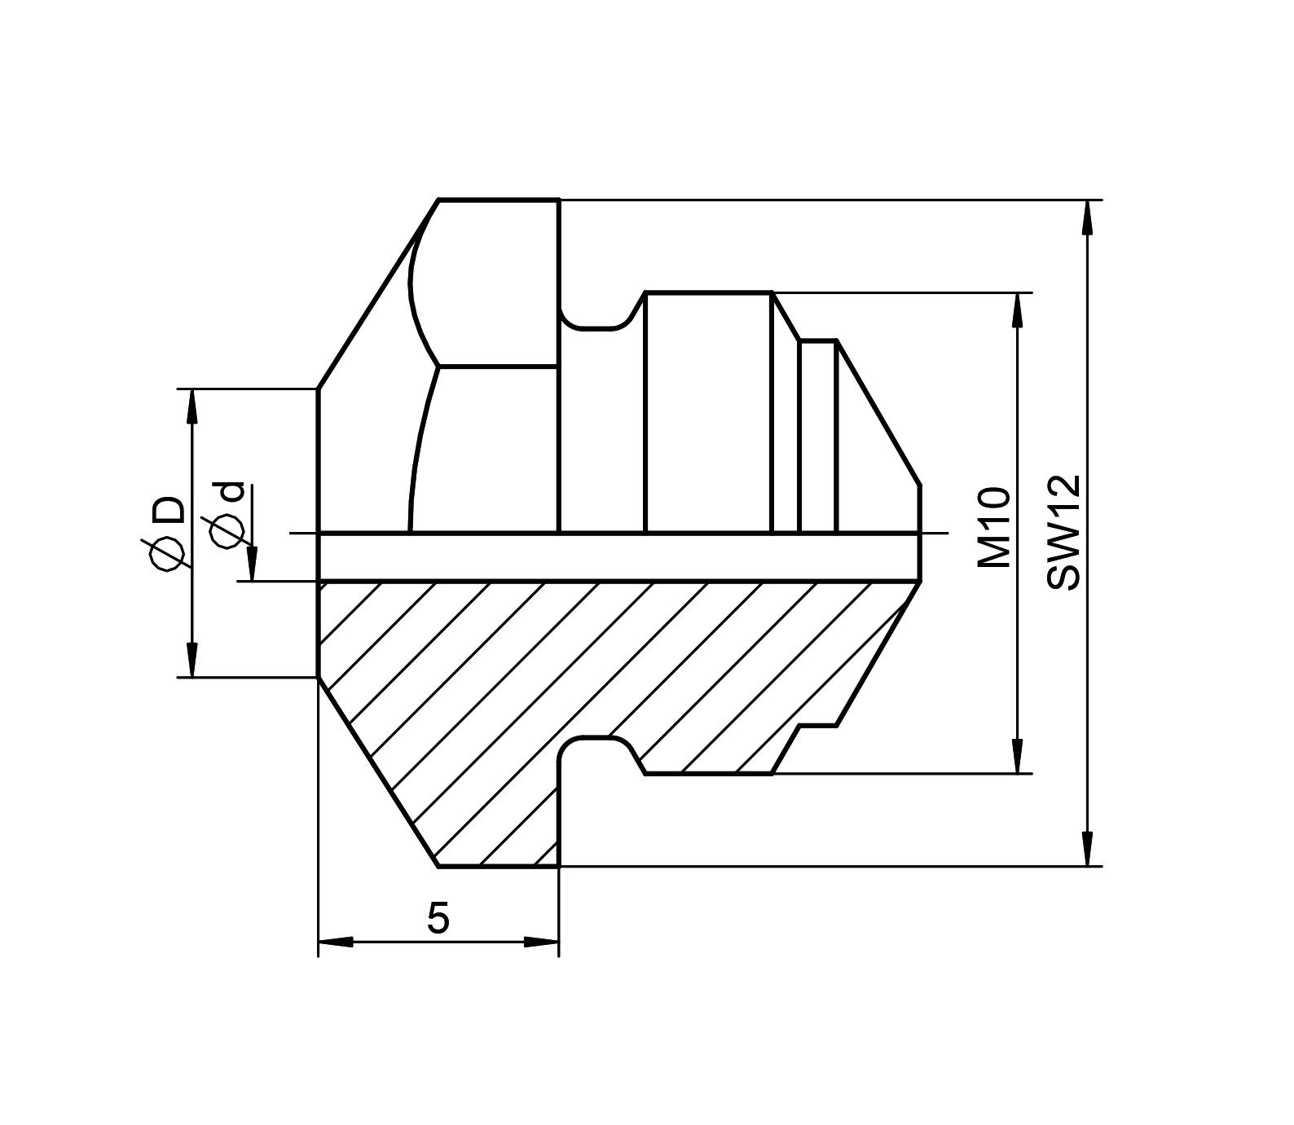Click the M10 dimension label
tap(994, 528)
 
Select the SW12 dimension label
tap(1063, 531)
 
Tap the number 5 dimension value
tap(438, 919)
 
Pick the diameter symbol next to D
tap(166, 556)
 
